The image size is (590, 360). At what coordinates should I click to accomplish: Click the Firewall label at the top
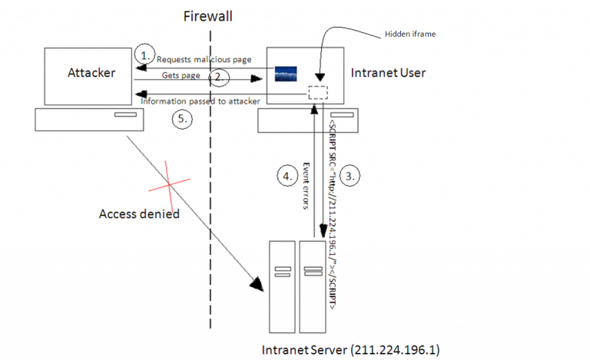[x=207, y=16]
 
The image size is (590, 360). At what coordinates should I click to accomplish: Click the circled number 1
[x=143, y=54]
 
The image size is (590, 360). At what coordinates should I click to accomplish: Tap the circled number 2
[x=219, y=77]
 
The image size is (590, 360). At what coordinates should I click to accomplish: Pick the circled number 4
[x=286, y=175]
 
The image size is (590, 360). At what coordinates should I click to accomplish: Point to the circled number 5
[x=181, y=119]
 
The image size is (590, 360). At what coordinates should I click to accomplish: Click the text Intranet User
[x=386, y=73]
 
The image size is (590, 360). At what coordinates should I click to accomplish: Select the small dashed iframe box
[x=317, y=92]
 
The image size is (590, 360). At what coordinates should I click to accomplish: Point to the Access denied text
[x=139, y=213]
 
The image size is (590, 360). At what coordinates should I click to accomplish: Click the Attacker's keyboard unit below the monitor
[x=84, y=119]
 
